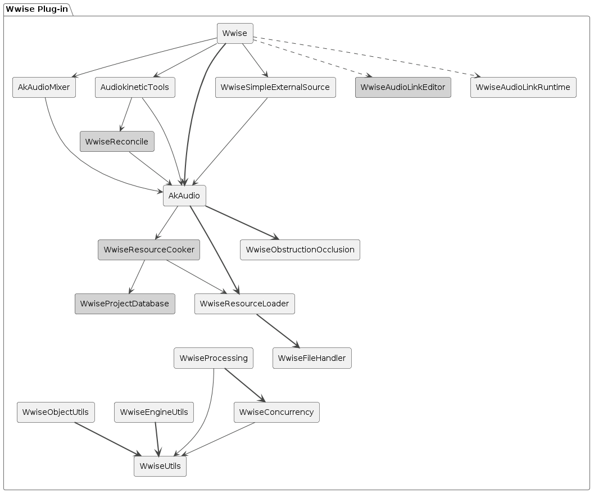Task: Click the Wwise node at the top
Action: (x=235, y=33)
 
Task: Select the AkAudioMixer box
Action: (x=44, y=87)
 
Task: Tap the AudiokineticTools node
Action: (x=135, y=87)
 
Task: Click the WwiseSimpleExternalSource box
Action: (x=275, y=87)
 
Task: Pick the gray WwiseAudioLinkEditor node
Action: (x=402, y=87)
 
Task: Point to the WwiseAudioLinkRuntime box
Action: (x=523, y=87)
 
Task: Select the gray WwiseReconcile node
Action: (x=117, y=142)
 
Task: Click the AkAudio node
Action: (x=184, y=196)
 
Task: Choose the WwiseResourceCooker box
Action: (x=149, y=250)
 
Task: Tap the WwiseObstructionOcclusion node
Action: (x=300, y=250)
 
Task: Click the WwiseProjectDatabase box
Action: (x=125, y=304)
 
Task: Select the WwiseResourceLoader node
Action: (x=244, y=304)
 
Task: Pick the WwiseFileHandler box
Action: (x=312, y=358)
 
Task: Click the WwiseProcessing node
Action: (x=213, y=358)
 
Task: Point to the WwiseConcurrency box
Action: (x=276, y=412)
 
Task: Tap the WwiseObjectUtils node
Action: (x=56, y=412)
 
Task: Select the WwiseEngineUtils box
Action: (x=154, y=412)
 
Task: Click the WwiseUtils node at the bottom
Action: (x=160, y=466)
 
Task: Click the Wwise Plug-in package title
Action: (x=36, y=8)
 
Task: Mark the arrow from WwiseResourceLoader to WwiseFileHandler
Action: (x=278, y=331)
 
